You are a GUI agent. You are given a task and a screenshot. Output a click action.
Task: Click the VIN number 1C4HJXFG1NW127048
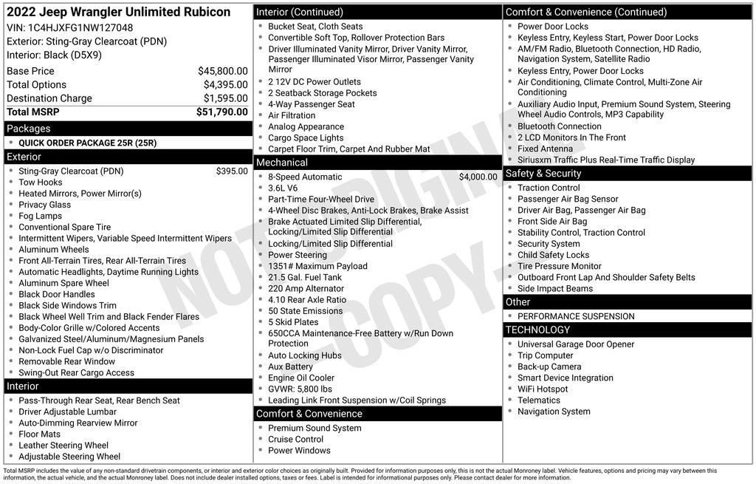(80, 28)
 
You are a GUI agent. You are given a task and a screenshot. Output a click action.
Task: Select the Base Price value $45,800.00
(222, 72)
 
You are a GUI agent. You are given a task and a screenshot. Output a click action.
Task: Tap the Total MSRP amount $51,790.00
(221, 112)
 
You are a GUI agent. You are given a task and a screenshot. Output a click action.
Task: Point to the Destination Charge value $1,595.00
(225, 98)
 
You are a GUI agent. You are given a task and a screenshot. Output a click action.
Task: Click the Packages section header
(29, 129)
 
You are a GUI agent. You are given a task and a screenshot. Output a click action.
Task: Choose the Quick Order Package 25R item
(87, 143)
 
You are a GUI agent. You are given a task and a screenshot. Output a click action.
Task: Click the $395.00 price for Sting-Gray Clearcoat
(232, 171)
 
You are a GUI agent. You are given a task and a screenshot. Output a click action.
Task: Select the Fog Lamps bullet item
(40, 217)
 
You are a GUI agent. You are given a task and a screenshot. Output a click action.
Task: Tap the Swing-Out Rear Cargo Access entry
(76, 373)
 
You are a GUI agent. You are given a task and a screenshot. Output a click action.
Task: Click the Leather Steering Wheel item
(63, 446)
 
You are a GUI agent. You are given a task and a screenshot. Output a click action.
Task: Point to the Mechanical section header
(281, 163)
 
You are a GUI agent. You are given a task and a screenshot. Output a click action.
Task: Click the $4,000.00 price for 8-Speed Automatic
(478, 177)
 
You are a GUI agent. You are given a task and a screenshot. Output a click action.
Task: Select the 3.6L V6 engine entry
(284, 188)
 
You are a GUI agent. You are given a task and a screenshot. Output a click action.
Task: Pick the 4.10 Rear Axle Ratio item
(306, 300)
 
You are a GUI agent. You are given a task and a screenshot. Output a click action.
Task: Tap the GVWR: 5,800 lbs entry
(300, 389)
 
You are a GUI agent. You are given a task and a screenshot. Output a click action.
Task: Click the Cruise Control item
(295, 440)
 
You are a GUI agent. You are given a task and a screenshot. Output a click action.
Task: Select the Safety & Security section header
(543, 174)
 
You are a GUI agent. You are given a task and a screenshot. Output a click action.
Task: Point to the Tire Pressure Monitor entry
(559, 266)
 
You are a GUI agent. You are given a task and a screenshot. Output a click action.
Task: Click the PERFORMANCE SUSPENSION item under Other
(575, 316)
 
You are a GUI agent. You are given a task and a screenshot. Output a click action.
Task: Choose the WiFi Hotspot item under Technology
(543, 389)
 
